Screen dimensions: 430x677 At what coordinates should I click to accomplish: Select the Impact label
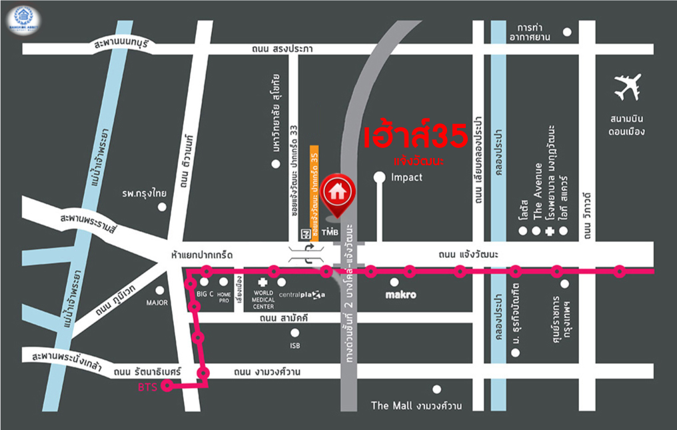tap(406, 177)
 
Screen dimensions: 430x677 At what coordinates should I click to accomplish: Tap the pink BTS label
tap(147, 387)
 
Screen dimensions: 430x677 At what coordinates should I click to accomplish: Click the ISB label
tap(295, 345)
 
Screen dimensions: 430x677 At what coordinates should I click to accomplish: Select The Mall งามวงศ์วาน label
tap(416, 405)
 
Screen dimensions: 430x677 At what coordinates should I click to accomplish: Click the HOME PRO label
tap(224, 297)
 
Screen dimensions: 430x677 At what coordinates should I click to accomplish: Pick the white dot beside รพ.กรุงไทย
tap(162, 207)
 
